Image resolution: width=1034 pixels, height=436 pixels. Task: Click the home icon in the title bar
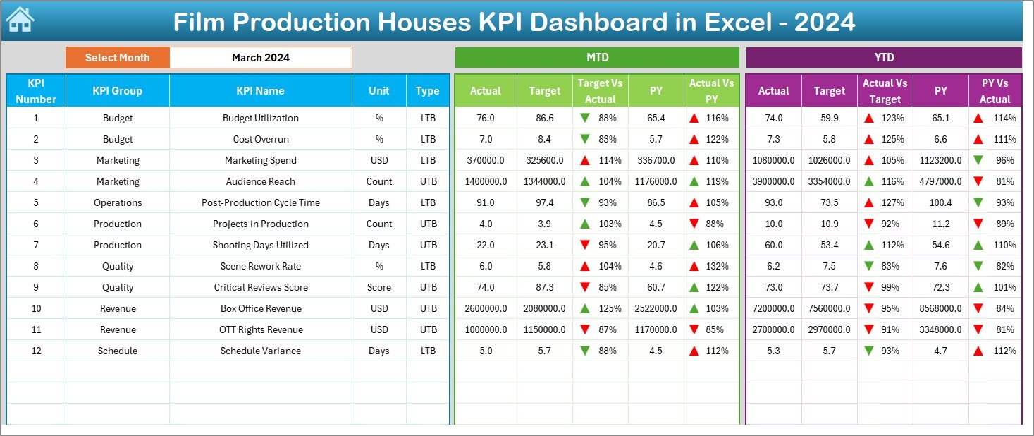[20, 20]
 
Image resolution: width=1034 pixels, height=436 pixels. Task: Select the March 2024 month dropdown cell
[261, 58]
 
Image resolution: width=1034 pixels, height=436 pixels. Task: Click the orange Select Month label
[118, 58]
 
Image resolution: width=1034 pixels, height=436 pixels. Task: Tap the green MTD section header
[597, 58]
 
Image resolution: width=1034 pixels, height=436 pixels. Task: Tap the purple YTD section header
[884, 58]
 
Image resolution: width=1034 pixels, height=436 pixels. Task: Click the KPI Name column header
[261, 90]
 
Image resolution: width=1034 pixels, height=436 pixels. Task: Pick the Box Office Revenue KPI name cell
[261, 308]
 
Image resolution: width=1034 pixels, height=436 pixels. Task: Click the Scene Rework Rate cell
[261, 266]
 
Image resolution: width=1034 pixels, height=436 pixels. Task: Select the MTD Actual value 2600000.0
[486, 308]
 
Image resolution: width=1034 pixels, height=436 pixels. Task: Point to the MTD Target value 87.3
[545, 287]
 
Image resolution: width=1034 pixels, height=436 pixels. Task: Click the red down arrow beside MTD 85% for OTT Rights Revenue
[695, 329]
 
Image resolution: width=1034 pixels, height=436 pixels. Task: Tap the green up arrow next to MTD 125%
[584, 308]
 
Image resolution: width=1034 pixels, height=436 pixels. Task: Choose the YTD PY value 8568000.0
[941, 308]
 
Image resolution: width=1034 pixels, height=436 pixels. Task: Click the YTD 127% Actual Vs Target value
[893, 202]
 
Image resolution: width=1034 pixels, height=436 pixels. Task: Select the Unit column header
[379, 90]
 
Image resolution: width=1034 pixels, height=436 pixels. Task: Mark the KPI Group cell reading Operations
[118, 202]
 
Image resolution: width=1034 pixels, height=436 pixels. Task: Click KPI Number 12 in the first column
[36, 351]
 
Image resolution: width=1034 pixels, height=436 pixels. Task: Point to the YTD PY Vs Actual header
[995, 91]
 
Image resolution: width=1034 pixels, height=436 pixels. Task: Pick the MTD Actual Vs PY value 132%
[718, 266]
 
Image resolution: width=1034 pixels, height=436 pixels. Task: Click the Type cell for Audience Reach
[428, 181]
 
